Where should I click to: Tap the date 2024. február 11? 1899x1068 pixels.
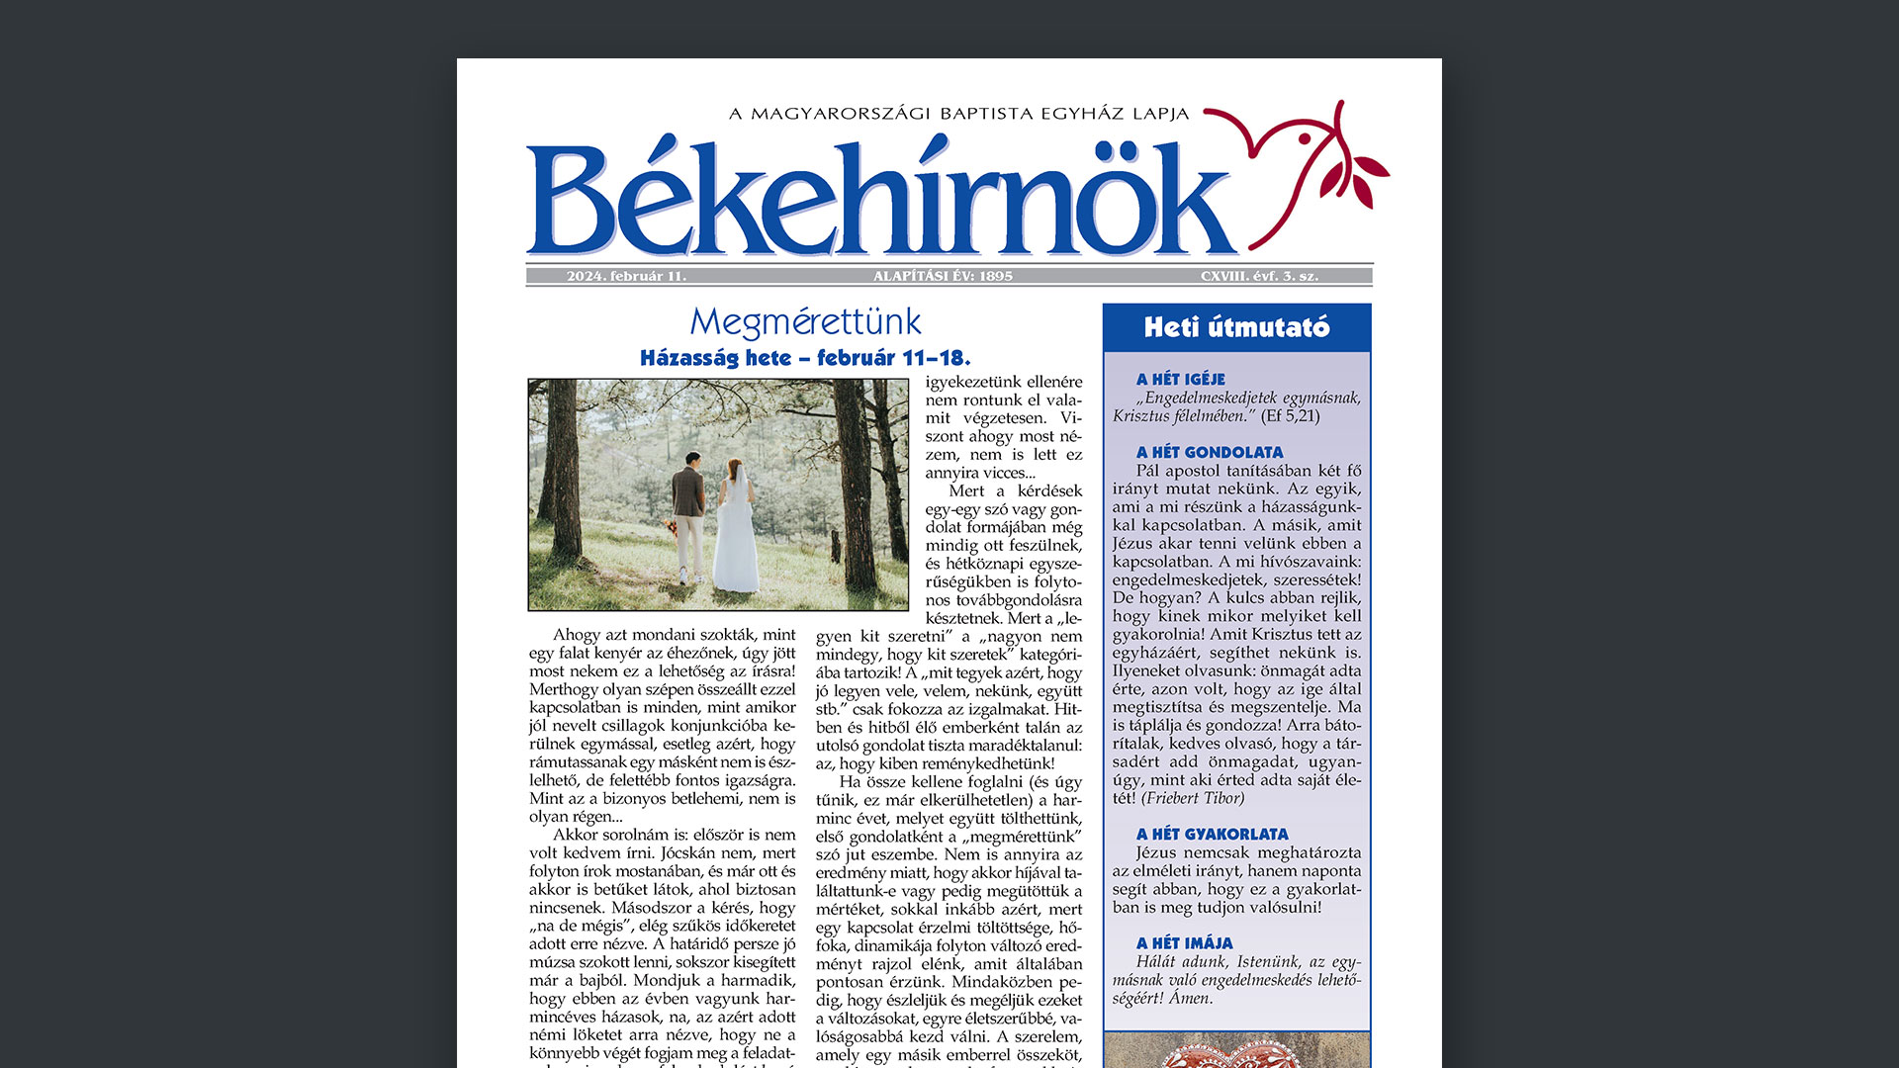626,276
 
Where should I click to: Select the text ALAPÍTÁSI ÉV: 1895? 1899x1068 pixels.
943,276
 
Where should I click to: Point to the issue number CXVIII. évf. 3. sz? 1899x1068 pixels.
1259,276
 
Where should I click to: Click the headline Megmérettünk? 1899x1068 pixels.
805,322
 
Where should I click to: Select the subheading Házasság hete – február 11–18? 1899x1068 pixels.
805,358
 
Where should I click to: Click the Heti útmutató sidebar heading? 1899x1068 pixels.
1236,327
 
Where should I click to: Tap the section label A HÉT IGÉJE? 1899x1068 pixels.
1180,379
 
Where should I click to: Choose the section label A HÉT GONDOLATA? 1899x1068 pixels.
1209,452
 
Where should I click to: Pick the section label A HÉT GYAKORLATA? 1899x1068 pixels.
1212,834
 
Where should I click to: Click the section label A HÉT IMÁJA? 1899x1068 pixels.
1184,942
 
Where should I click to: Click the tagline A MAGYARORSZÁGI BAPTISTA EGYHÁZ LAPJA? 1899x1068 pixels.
958,114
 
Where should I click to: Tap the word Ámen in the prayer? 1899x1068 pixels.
1190,998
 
